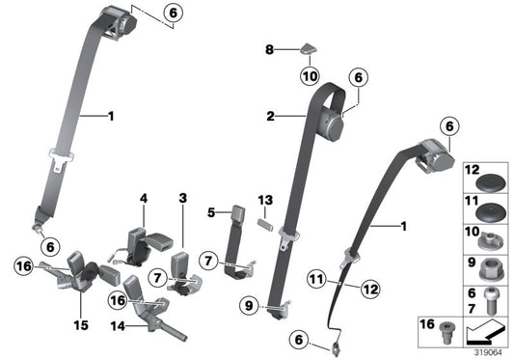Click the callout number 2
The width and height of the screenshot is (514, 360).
(272, 117)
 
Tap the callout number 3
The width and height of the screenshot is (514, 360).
(181, 198)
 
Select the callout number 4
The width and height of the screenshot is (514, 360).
(143, 198)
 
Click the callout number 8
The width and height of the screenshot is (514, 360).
(270, 47)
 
